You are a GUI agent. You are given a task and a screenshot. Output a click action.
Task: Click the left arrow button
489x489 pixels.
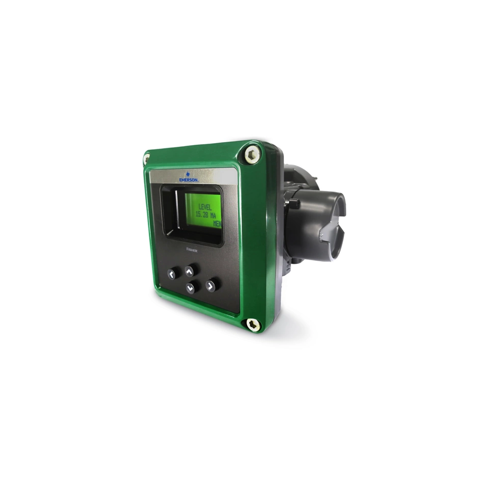(x=172, y=274)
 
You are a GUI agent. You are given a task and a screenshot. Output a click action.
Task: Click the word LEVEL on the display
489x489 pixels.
(x=205, y=207)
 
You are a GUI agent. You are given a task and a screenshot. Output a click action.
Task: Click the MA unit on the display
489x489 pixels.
(x=216, y=216)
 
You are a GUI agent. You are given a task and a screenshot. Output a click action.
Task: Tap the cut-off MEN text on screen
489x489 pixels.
(x=218, y=224)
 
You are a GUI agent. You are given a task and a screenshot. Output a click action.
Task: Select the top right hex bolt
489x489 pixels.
(x=252, y=154)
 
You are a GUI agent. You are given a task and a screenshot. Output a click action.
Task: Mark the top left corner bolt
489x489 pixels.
(x=147, y=159)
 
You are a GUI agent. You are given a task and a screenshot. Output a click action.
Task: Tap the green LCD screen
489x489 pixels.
(x=203, y=211)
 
